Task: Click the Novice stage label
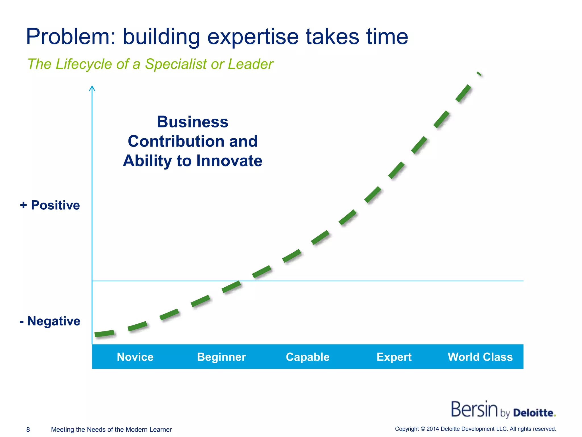[x=135, y=357]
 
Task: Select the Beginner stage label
[x=221, y=357]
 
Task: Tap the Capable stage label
[x=307, y=357]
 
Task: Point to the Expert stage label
[x=394, y=357]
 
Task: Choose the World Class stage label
[x=480, y=357]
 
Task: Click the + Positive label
[x=50, y=205]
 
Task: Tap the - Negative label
[x=50, y=321]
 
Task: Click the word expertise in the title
[x=253, y=37]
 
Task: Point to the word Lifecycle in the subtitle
[x=84, y=64]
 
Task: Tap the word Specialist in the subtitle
[x=176, y=64]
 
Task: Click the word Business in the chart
[x=193, y=122]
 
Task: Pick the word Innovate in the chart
[x=229, y=161]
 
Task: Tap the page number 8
[x=28, y=430]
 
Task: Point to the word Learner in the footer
[x=161, y=430]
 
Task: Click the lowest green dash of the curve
[x=104, y=333]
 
